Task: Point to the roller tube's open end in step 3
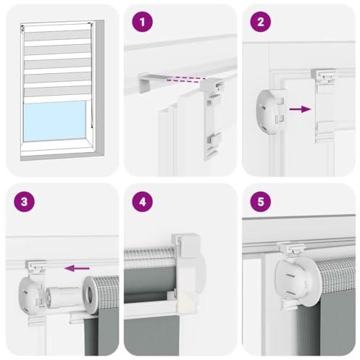[x=91, y=293]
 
